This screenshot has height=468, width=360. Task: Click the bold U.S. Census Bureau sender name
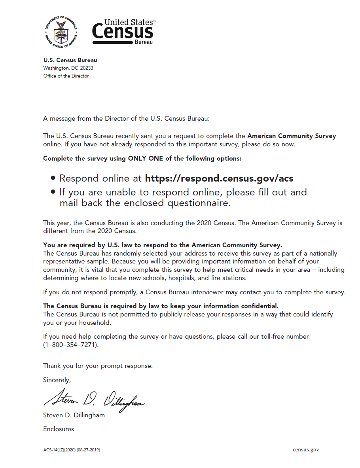coord(70,60)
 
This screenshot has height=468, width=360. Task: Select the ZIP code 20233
coord(86,68)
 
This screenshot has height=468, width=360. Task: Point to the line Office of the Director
coord(66,76)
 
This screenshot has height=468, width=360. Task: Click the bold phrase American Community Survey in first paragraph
coord(292,136)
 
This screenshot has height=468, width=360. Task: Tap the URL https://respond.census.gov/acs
coord(219,178)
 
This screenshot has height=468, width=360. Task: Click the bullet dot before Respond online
coord(53,179)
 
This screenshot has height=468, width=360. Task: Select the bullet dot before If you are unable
coord(53,193)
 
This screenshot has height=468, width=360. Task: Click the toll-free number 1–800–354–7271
coord(70,345)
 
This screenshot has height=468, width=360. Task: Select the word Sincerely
coord(57,380)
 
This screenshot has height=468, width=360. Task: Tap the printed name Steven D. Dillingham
coord(74,415)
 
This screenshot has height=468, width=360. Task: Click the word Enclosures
coord(59,429)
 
